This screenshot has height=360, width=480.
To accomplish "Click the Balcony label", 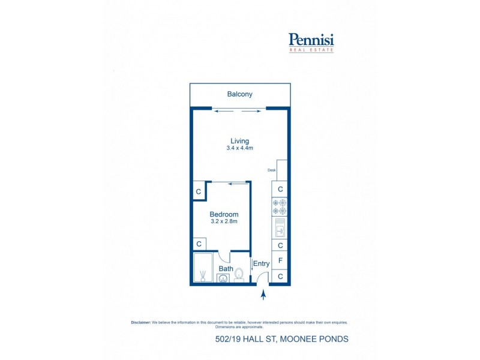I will click(x=239, y=94).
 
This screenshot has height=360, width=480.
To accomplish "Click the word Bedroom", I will click(x=224, y=214).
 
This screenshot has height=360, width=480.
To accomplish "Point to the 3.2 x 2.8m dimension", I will click(x=224, y=222).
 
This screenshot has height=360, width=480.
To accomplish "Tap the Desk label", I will click(x=271, y=171).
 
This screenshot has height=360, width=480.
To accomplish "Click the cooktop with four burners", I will click(x=280, y=207).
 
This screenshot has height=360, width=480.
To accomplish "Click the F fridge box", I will click(x=280, y=261).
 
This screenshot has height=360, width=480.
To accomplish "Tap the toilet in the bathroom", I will click(x=239, y=274).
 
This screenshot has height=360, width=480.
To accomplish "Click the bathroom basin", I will click(x=223, y=278).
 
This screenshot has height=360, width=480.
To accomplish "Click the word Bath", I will click(x=226, y=269).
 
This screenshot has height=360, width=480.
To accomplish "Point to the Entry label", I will click(x=261, y=264).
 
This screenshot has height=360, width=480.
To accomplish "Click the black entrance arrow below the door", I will click(x=262, y=293).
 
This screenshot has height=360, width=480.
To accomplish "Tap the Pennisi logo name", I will click(x=311, y=40).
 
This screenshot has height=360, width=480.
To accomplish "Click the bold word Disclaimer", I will click(x=140, y=322).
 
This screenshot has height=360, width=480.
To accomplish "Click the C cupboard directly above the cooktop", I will click(x=280, y=189).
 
